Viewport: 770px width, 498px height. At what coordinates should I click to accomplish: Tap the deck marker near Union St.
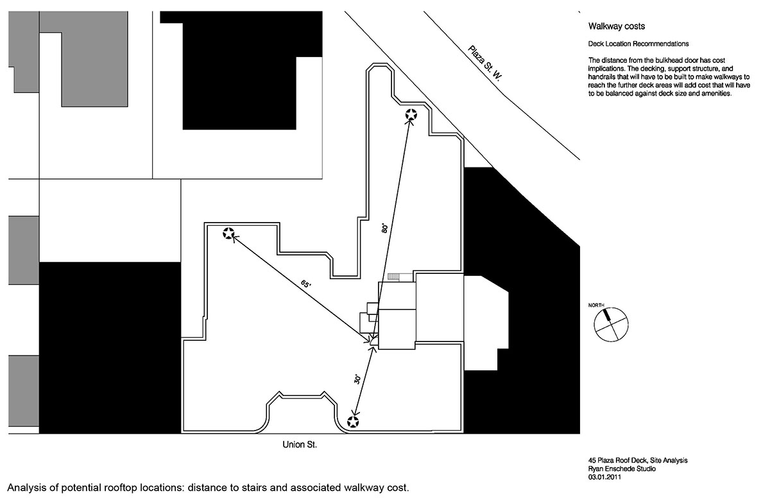point(352,422)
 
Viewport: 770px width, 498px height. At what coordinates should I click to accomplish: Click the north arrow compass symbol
point(609,323)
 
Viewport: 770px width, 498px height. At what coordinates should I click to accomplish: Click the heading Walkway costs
point(617,27)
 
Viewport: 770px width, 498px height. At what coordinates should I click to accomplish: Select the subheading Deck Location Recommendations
point(638,44)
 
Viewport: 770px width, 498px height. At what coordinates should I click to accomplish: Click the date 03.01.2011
point(604,476)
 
